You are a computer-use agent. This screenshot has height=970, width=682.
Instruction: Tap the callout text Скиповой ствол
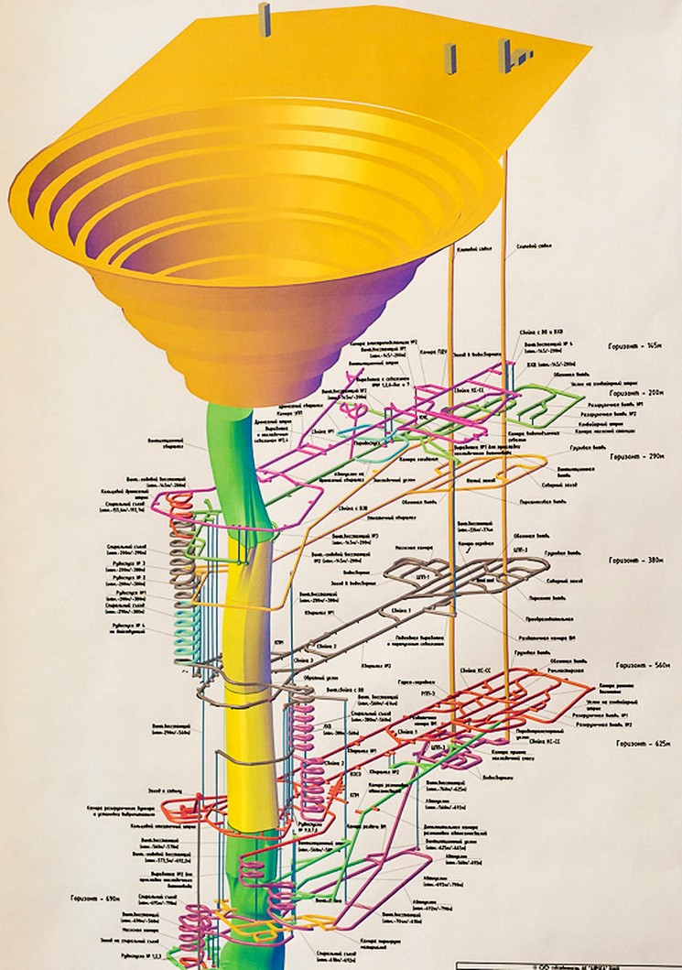pos(534,246)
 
